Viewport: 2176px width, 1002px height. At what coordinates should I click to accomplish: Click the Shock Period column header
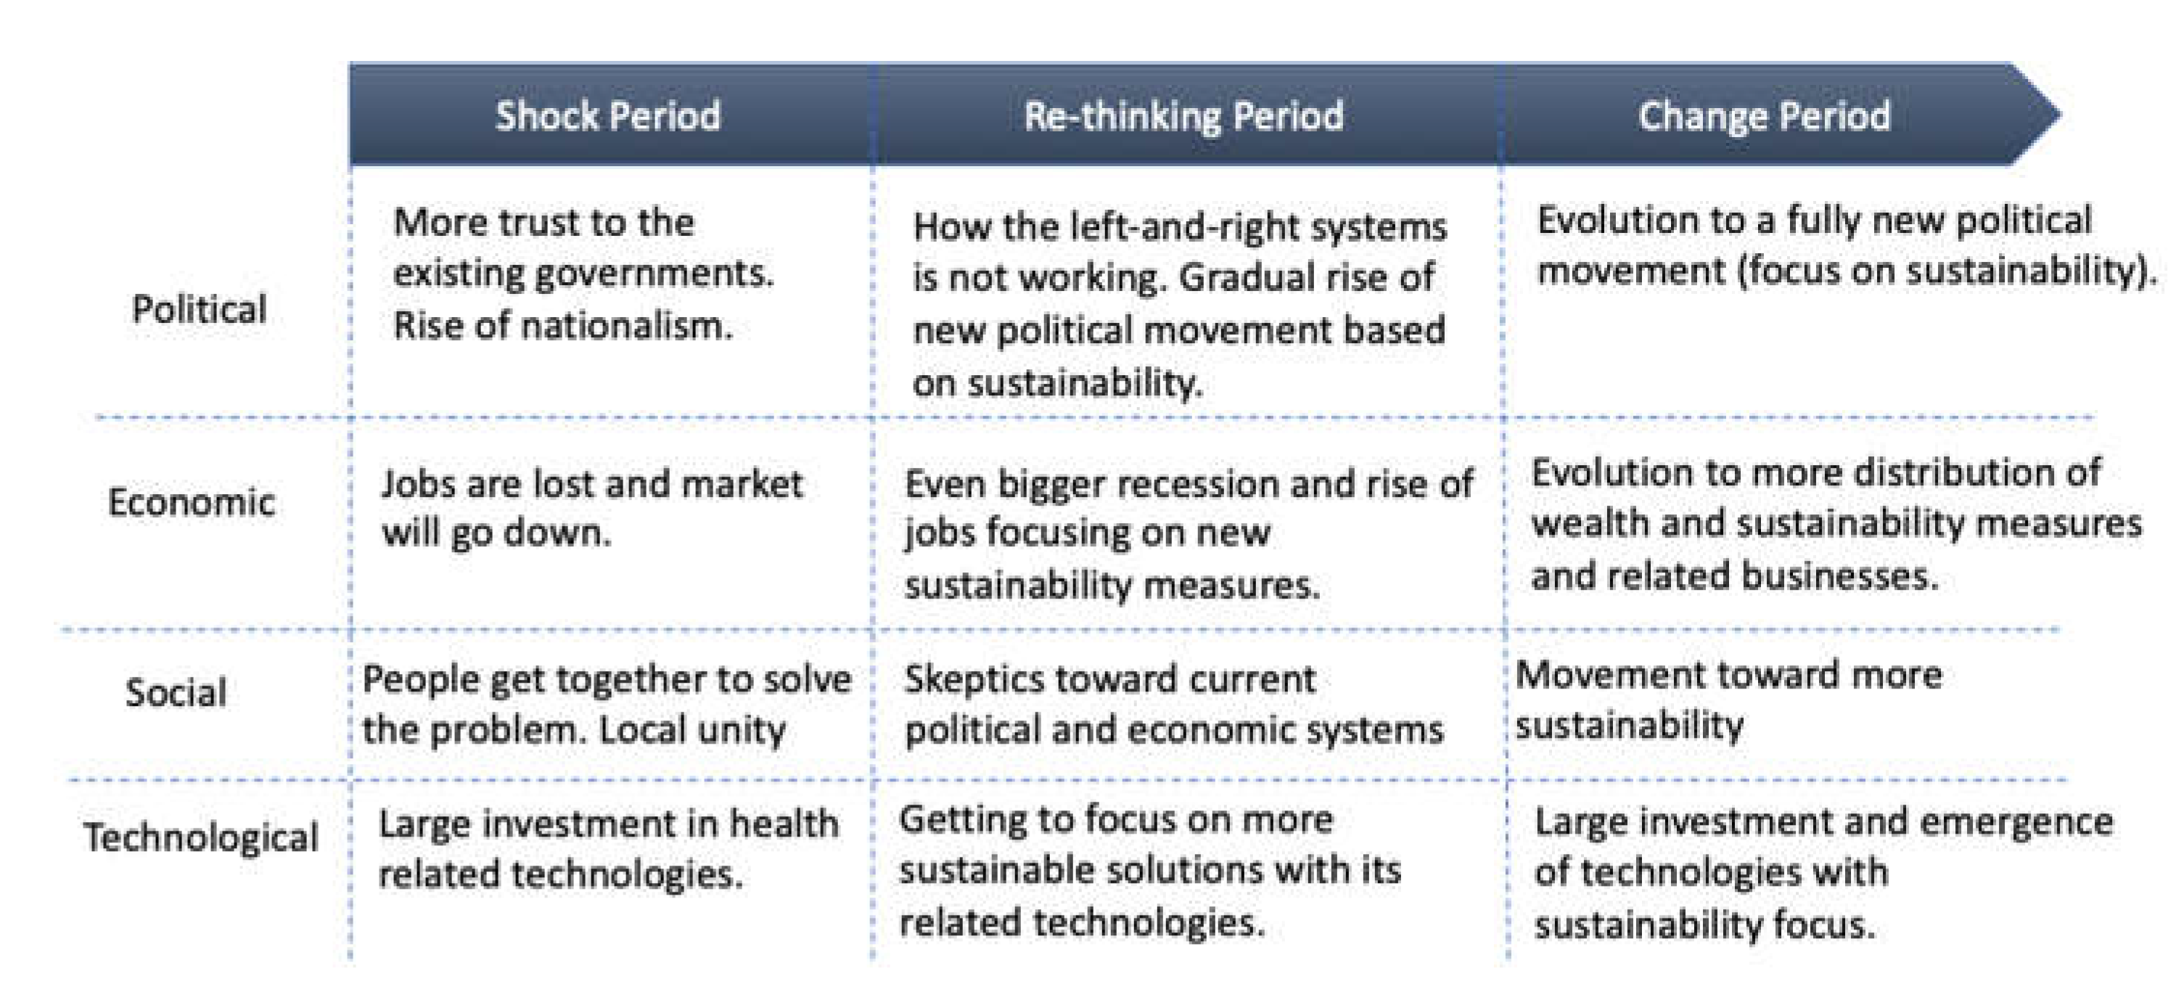[x=607, y=116]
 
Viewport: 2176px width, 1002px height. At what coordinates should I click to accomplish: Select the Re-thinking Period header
[x=1183, y=116]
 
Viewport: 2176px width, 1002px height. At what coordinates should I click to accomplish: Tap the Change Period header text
[x=1764, y=116]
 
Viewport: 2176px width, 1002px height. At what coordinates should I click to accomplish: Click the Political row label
[x=199, y=309]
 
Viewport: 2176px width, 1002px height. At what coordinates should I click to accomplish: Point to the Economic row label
[x=191, y=503]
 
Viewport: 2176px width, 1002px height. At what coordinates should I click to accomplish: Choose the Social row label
[x=176, y=692]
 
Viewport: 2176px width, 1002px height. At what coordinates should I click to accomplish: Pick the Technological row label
[x=201, y=837]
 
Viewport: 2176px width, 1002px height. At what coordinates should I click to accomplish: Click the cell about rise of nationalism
[x=583, y=274]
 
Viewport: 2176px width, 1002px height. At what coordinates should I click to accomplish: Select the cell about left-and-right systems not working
[x=1180, y=304]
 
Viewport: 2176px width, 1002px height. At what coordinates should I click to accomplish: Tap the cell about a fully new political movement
[x=1847, y=246]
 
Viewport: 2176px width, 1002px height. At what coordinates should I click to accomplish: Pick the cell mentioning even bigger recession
[x=1188, y=534]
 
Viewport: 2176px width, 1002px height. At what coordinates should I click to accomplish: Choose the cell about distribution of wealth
[x=1836, y=524]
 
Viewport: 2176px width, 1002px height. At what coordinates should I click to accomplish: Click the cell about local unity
[x=607, y=705]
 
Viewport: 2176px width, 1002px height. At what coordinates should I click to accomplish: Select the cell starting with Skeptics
[x=1173, y=705]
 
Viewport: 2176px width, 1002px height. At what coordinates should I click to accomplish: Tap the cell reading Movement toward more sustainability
[x=1728, y=700]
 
